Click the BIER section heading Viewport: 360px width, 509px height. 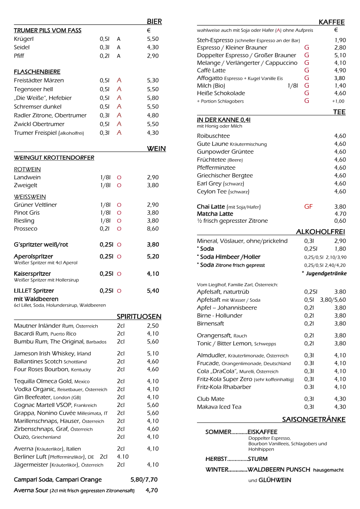154,21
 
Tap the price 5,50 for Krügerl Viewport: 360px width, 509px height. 153,39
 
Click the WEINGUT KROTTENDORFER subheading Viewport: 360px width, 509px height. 54,158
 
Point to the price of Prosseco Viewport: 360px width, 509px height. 153,229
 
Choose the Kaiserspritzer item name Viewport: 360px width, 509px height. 32,274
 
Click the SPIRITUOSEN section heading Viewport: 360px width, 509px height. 139,317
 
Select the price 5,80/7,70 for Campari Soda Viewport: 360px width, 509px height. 144,480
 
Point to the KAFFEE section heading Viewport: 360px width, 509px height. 331,22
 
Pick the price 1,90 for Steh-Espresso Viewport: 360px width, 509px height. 340,40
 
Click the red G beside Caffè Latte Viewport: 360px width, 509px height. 306,70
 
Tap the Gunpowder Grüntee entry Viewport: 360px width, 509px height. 225,152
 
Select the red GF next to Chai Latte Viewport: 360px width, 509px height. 308,206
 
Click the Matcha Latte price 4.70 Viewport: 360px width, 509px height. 340,214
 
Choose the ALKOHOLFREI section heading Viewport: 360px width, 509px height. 321,232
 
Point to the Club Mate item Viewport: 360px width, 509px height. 211,399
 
